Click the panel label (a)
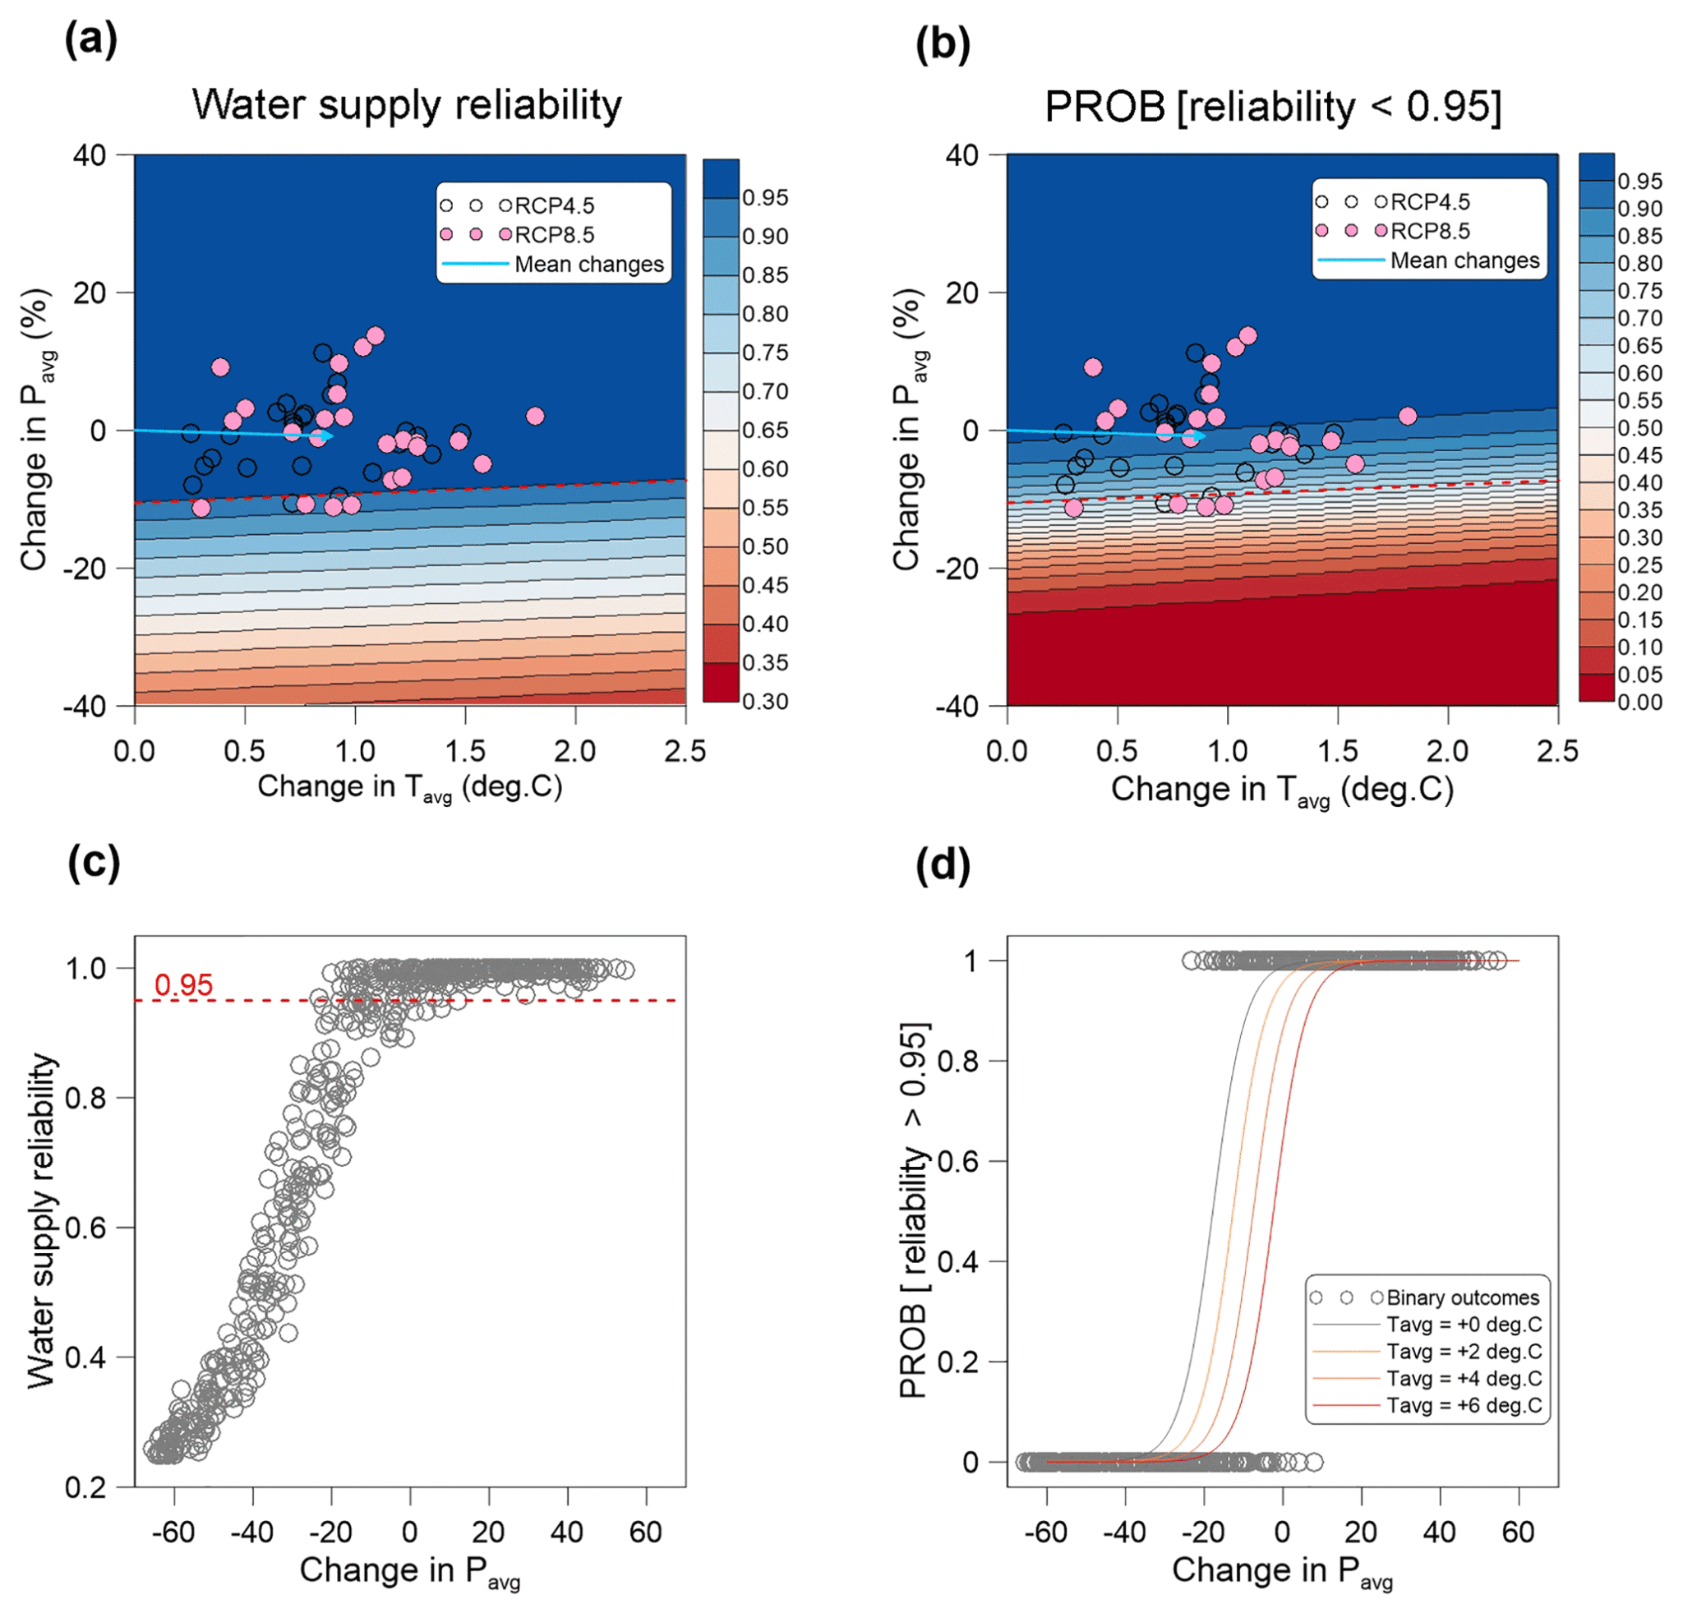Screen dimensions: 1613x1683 pyautogui.click(x=90, y=41)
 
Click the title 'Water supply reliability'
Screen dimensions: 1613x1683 pyautogui.click(x=406, y=104)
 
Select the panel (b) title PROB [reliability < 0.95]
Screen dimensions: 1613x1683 pyautogui.click(x=1273, y=108)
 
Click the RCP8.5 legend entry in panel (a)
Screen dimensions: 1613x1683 pyautogui.click(x=554, y=234)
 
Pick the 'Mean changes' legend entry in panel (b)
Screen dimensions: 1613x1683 pyautogui.click(x=1464, y=260)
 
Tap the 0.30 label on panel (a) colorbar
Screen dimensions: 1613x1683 pyautogui.click(x=765, y=702)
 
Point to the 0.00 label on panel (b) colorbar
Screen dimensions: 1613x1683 pyautogui.click(x=1639, y=703)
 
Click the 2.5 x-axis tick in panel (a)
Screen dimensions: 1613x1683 pyautogui.click(x=685, y=752)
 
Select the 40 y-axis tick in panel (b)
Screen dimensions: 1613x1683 pyautogui.click(x=961, y=155)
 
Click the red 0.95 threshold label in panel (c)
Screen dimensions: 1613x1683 pyautogui.click(x=183, y=985)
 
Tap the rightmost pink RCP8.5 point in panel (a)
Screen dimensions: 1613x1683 pyautogui.click(x=535, y=417)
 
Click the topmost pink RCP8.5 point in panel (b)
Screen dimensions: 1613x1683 pyautogui.click(x=1247, y=335)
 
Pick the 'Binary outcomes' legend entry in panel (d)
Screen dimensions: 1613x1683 pyautogui.click(x=1462, y=1298)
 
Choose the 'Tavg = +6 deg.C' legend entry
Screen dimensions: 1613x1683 pyautogui.click(x=1464, y=1405)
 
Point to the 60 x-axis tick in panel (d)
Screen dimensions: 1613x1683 pyautogui.click(x=1518, y=1532)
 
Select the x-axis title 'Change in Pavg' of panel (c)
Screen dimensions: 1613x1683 pyautogui.click(x=409, y=1572)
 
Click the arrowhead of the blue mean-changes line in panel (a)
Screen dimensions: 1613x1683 pyautogui.click(x=329, y=436)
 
